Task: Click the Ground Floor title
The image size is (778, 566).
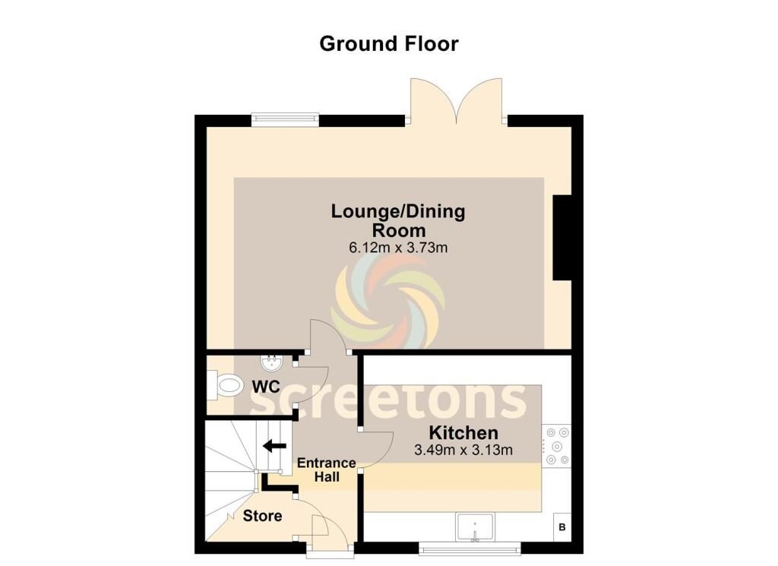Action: coord(389,43)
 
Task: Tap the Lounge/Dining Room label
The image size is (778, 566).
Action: coord(398,220)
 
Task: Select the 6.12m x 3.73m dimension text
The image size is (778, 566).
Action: coord(398,247)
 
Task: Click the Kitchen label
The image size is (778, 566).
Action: coord(463,432)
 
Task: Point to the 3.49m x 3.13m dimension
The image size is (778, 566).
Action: coord(463,451)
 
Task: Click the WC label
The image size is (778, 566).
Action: coord(266,387)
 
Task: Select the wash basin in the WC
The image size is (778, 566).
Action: coord(272,362)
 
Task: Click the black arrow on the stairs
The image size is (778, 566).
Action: coord(274,446)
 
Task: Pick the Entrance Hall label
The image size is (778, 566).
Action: coord(327,470)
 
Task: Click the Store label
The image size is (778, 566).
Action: coord(262,516)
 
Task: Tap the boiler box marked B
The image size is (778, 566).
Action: coord(562,527)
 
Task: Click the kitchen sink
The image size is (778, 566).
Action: coord(475,527)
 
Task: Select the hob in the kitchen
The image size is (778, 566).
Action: coord(557,446)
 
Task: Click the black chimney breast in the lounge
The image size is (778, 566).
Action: coord(563,238)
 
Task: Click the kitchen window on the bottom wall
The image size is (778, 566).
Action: coord(470,548)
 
